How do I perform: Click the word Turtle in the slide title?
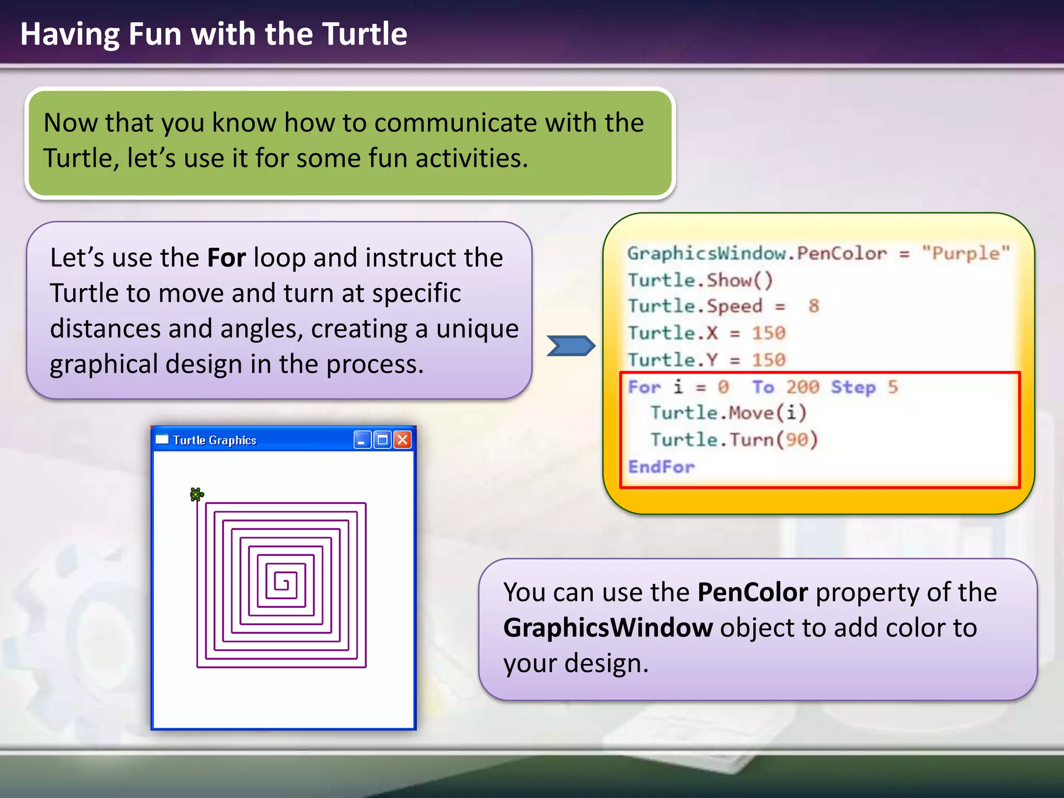[364, 34]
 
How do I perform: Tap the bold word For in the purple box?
[227, 258]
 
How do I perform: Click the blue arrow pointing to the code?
[570, 346]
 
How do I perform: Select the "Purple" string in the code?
[965, 254]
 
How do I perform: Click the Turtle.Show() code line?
[700, 281]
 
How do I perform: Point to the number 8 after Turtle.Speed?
[814, 307]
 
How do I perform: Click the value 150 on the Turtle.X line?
[768, 333]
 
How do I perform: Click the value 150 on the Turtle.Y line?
[768, 360]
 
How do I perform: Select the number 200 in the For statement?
[802, 387]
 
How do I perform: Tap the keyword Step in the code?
[853, 388]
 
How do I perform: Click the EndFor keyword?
[661, 467]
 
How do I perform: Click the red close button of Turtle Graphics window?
[403, 440]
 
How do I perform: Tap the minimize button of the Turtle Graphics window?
[362, 440]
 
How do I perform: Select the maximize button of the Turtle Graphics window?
[382, 440]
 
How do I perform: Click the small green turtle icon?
[196, 494]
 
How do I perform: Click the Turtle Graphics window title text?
[215, 441]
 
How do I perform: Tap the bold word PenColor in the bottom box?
[752, 592]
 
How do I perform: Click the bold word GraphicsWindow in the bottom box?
[608, 628]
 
